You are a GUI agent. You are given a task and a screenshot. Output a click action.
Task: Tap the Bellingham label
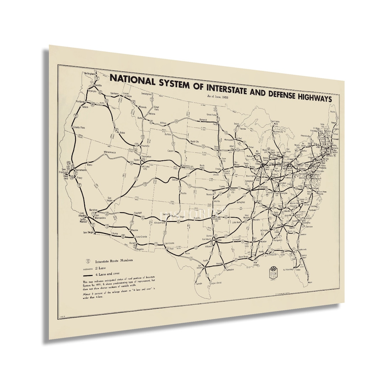(x=90, y=73)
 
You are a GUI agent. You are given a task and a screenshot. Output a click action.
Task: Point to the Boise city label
(x=123, y=133)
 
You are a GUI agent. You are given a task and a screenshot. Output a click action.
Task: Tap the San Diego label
(x=88, y=232)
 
